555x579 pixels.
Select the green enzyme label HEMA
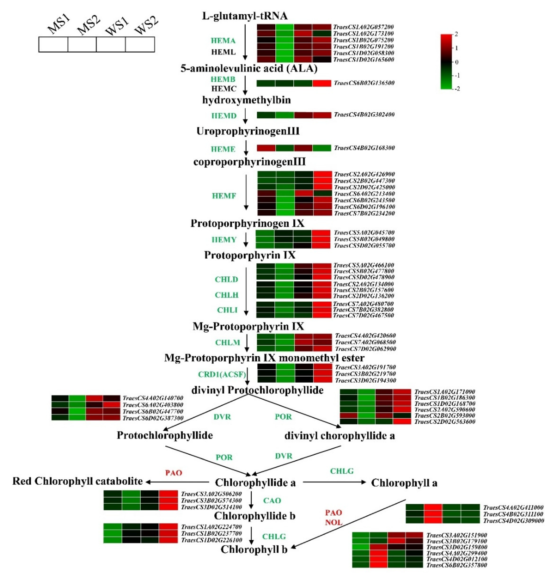pos(223,40)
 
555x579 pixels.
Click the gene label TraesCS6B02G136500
pos(364,83)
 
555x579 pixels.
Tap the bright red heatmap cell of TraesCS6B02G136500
pos(322,83)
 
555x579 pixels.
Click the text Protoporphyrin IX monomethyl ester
pos(264,358)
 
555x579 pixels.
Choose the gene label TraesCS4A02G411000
pos(513,508)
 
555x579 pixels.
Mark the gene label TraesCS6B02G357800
pos(457,565)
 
